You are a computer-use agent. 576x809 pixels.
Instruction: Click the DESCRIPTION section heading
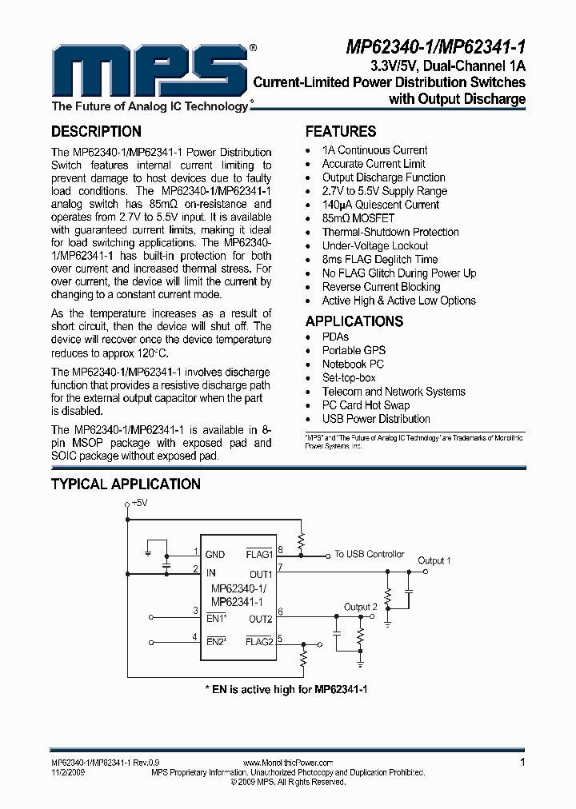(96, 132)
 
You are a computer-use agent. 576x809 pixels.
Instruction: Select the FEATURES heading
(341, 132)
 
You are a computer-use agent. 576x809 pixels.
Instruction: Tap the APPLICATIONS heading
(354, 321)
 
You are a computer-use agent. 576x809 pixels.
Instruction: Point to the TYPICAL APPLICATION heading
(126, 484)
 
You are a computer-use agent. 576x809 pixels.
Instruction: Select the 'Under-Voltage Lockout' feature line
(375, 245)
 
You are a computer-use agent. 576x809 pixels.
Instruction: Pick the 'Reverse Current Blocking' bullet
(381, 287)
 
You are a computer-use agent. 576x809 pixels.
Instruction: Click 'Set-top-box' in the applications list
(349, 377)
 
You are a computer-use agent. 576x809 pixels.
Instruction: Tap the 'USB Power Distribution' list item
(376, 419)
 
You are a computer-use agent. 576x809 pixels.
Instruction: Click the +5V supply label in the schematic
(139, 503)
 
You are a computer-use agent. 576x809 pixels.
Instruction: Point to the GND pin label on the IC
(215, 554)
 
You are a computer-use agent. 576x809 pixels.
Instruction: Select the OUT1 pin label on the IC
(261, 574)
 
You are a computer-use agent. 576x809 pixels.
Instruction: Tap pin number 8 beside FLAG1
(280, 549)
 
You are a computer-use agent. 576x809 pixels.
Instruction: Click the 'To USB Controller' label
(370, 554)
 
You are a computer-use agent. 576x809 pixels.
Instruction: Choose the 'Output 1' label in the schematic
(434, 560)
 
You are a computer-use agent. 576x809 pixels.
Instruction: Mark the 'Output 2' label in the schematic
(360, 608)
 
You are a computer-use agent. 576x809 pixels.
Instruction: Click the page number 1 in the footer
(522, 763)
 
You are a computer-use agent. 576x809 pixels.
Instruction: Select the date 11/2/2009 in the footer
(67, 773)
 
